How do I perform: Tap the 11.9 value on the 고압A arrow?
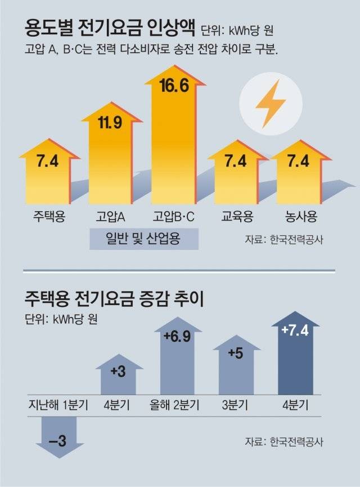tap(110, 122)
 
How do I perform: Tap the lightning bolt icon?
tap(270, 104)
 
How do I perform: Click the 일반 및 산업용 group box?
tap(144, 239)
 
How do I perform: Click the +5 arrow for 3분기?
tap(236, 369)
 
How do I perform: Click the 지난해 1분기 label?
tap(58, 405)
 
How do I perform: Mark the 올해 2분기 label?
tap(177, 405)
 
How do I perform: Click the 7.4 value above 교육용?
tap(236, 162)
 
